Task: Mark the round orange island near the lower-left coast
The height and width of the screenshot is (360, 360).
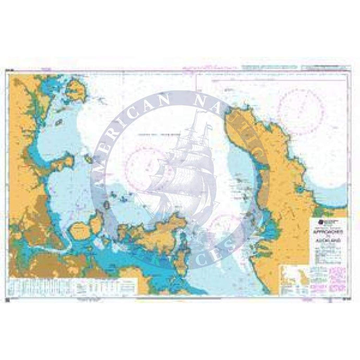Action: [x=80, y=230]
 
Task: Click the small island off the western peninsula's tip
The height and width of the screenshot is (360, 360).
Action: [x=89, y=159]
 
